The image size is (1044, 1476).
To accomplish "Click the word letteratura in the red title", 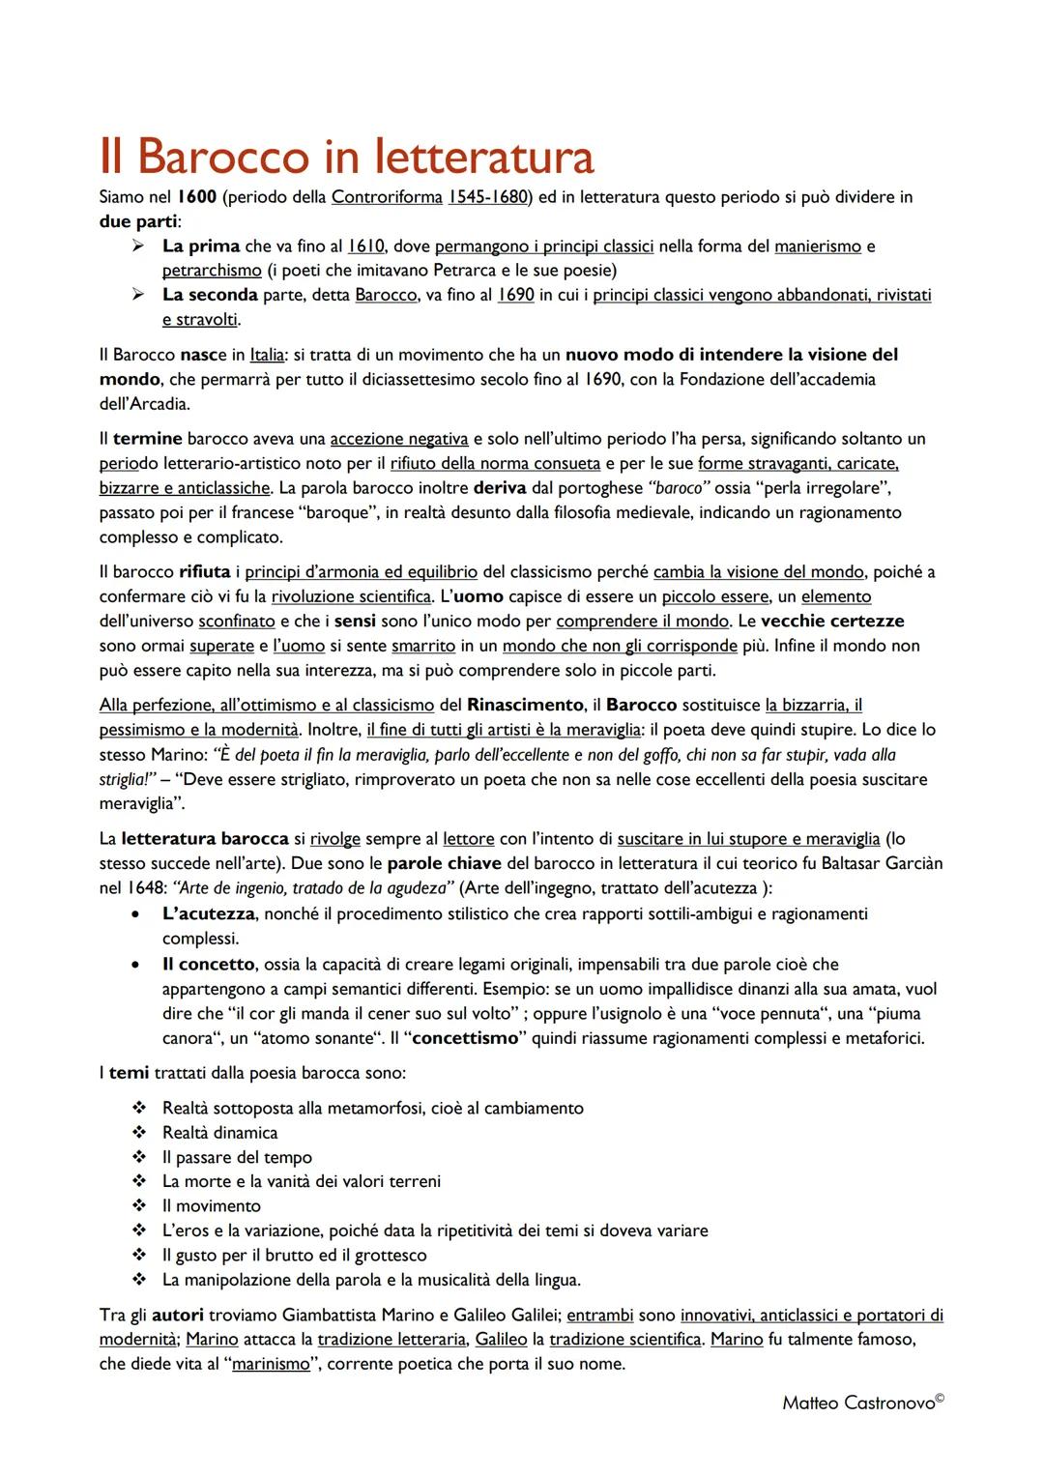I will pyautogui.click(x=483, y=157).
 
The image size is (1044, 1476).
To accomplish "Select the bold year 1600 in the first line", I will pyautogui.click(x=197, y=197).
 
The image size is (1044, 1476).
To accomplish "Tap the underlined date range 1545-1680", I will pyautogui.click(x=487, y=197).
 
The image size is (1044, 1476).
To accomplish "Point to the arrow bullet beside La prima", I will pyautogui.click(x=139, y=246).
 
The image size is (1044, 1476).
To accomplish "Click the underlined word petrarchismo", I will pyautogui.click(x=212, y=271).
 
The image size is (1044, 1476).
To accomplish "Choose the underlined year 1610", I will pyautogui.click(x=366, y=246).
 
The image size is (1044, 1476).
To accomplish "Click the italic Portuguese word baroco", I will pyautogui.click(x=678, y=488).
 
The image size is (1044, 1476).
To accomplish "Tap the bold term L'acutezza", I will pyautogui.click(x=208, y=913).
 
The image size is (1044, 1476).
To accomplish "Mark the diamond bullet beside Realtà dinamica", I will pyautogui.click(x=139, y=1133).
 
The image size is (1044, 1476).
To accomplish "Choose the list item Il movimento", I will pyautogui.click(x=211, y=1206).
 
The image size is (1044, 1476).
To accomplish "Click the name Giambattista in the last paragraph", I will pyautogui.click(x=329, y=1315).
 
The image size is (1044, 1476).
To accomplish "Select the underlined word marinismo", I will pyautogui.click(x=271, y=1364).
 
